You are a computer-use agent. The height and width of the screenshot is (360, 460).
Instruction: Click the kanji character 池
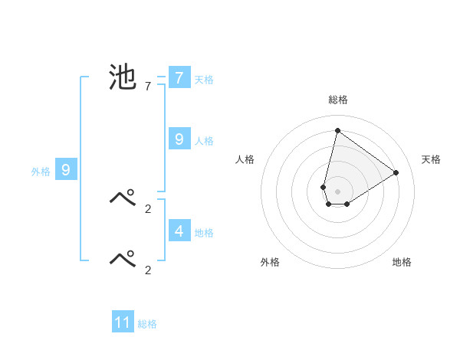tap(123, 78)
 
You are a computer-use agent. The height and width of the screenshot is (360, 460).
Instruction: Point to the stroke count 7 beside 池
tap(147, 87)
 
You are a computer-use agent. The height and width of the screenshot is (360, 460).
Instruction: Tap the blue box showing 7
tap(179, 78)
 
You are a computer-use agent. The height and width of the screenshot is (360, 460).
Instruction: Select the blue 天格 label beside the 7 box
tap(204, 80)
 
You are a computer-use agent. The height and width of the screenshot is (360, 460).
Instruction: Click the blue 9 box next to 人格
tap(179, 139)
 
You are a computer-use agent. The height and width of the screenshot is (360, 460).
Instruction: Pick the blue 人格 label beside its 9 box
tap(204, 141)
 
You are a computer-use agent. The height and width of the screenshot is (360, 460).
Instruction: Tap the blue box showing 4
tap(179, 231)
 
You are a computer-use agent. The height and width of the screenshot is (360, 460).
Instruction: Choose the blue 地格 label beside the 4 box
tap(204, 233)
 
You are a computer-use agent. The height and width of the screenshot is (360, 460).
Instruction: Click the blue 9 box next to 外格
tap(66, 170)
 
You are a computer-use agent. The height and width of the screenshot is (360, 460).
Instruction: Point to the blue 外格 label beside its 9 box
tap(41, 172)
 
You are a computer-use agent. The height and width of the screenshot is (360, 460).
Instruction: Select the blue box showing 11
tap(123, 322)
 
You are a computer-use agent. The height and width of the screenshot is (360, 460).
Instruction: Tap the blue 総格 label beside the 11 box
tap(147, 324)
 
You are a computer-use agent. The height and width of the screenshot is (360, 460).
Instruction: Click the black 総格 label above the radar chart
tap(337, 100)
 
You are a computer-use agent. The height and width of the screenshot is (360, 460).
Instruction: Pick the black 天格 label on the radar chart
tap(431, 159)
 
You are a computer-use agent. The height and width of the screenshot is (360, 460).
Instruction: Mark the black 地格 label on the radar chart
tap(402, 262)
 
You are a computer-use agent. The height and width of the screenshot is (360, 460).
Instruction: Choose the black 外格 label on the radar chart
tap(270, 262)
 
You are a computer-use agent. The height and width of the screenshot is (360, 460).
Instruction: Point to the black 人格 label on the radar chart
tap(245, 159)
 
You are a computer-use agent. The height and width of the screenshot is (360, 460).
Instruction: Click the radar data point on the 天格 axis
tap(396, 172)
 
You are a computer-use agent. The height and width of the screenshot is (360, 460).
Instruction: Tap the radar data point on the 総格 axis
tap(337, 130)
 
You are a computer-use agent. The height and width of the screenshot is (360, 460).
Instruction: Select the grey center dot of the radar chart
tap(337, 191)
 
